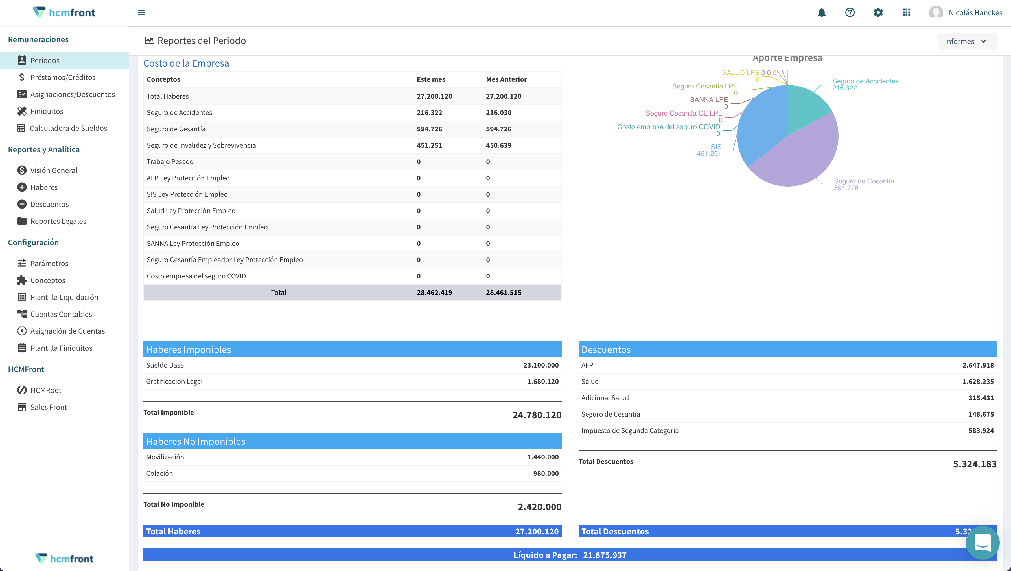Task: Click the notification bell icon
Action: pos(821,13)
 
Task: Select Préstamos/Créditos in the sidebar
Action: pos(63,77)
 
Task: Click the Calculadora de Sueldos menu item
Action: pos(68,128)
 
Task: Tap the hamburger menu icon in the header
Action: pos(141,13)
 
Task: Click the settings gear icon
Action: pos(878,13)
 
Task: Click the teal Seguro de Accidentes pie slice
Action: pos(805,106)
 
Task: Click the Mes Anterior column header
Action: pos(506,79)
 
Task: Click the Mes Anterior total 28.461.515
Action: pos(503,292)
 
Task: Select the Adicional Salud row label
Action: pos(605,398)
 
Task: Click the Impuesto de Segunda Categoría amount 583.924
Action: pos(981,430)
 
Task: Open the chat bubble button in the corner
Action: pos(982,543)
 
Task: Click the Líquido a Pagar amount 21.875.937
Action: pos(604,555)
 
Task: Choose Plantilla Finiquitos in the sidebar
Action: pos(61,348)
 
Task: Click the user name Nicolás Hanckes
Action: pos(975,13)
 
